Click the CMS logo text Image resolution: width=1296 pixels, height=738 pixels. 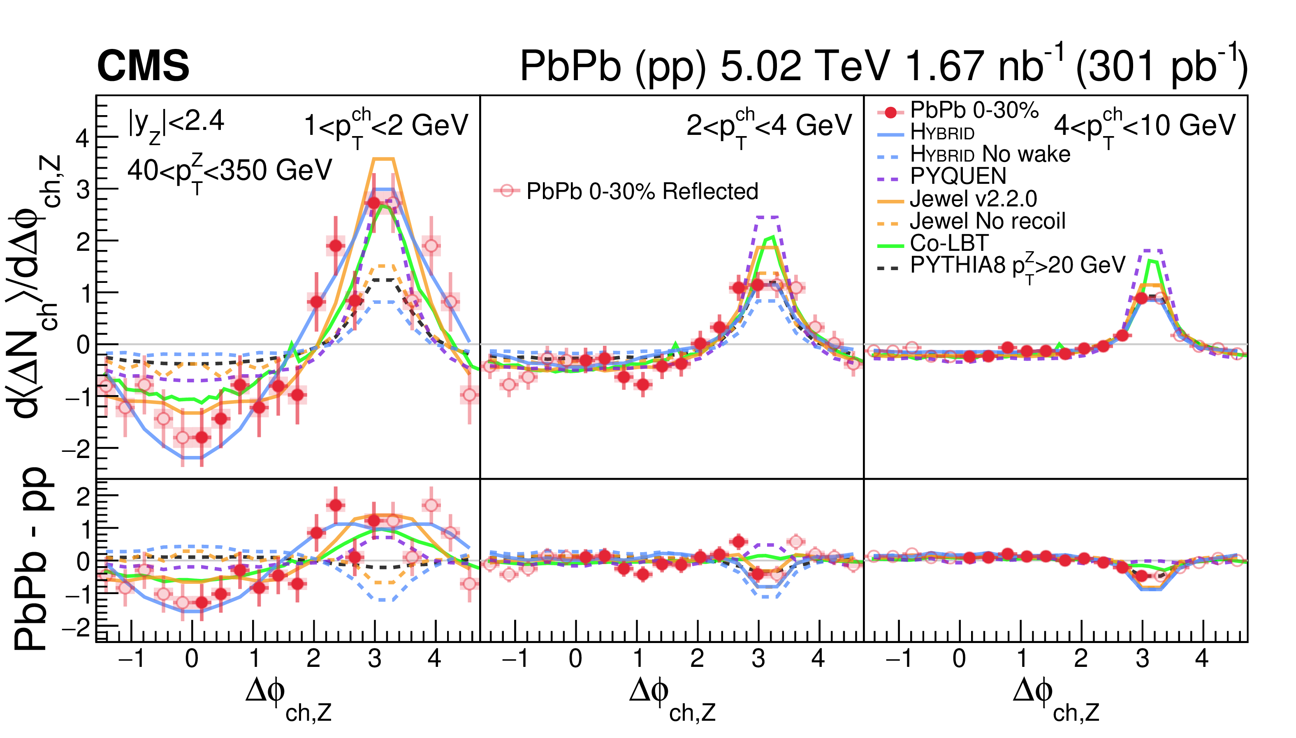tap(143, 66)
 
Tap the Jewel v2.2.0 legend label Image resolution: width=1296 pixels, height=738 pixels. tap(973, 199)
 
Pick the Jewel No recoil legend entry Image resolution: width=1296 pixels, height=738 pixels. tap(987, 221)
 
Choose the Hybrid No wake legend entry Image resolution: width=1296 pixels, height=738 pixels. tap(990, 154)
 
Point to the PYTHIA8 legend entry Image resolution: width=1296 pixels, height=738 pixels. tap(1017, 266)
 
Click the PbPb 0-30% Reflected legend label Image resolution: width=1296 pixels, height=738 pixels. tap(641, 191)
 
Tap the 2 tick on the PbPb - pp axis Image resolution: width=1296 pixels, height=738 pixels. tap(83, 497)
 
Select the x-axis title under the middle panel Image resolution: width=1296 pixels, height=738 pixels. tap(671, 699)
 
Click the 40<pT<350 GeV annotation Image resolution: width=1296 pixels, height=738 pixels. tap(229, 171)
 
